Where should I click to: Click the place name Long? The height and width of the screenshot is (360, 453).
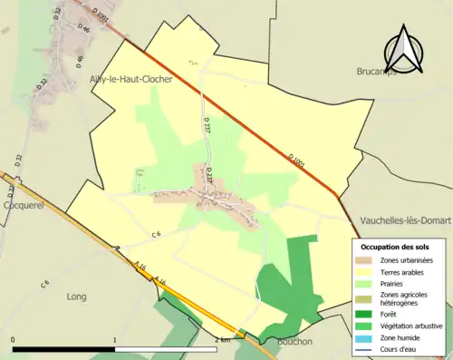(x=76, y=297)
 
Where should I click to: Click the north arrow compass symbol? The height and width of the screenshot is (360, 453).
(x=407, y=50)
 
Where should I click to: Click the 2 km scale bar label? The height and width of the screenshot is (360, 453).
(x=223, y=339)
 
